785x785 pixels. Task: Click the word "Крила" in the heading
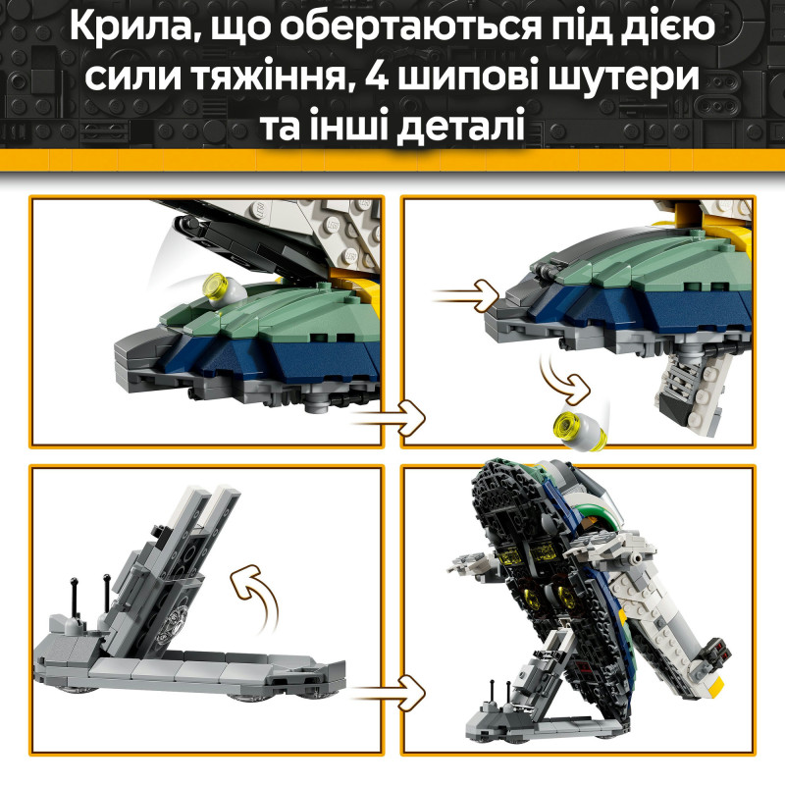point(127,35)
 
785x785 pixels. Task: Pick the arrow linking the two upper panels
point(389,416)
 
